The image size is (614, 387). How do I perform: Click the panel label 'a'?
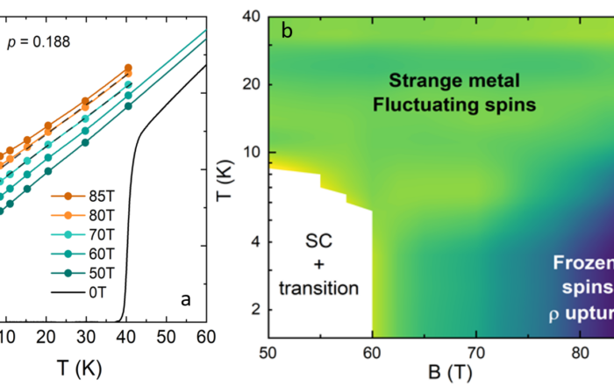click(x=186, y=299)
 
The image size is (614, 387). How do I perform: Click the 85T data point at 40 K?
click(x=127, y=68)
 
